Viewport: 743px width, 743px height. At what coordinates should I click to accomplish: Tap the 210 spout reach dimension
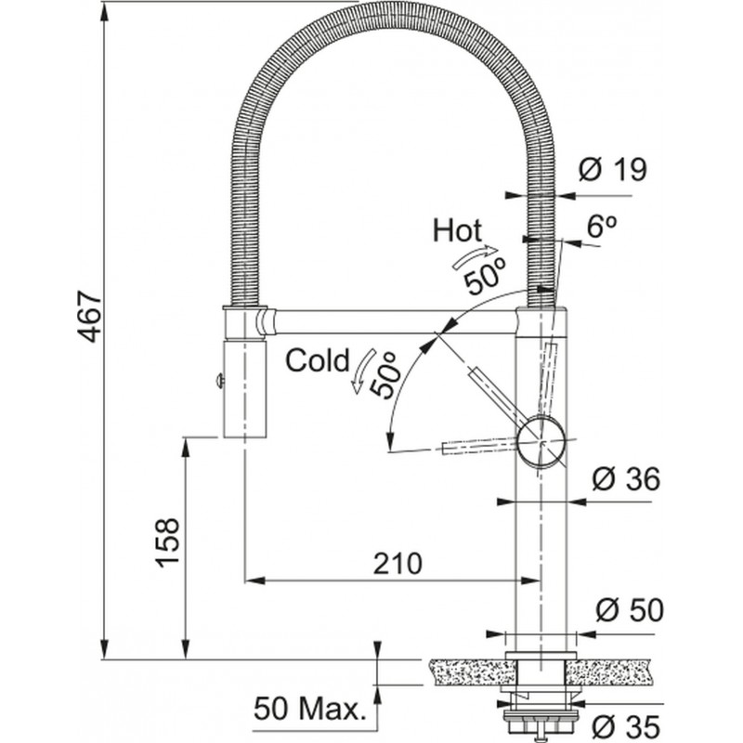[x=398, y=562]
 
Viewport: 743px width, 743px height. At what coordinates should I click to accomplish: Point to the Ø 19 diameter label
[x=611, y=170]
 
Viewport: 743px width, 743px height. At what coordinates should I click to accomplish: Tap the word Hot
[x=456, y=230]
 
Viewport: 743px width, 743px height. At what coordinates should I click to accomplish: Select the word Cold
[x=317, y=359]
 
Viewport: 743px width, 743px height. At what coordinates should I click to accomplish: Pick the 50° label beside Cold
[x=385, y=375]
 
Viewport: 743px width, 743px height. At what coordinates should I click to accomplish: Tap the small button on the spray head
[x=216, y=378]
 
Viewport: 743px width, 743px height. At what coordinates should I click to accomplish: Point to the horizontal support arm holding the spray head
[x=390, y=320]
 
